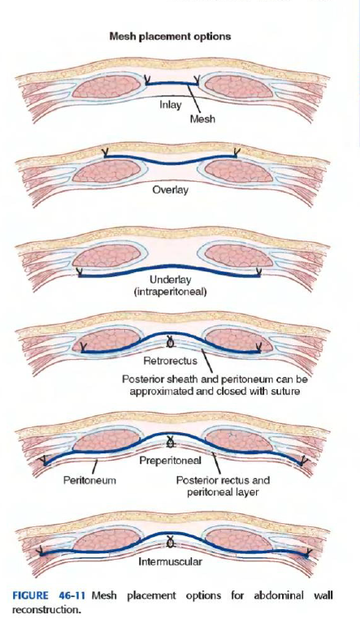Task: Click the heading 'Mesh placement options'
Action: (x=170, y=37)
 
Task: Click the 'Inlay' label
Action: (x=171, y=105)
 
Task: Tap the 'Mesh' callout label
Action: (x=202, y=119)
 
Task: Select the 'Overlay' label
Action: (x=171, y=190)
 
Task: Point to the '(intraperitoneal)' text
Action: (x=171, y=292)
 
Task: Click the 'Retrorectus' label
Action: (x=170, y=361)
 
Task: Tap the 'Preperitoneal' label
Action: (x=170, y=460)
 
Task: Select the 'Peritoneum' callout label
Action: (x=90, y=480)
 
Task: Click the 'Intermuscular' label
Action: (x=170, y=561)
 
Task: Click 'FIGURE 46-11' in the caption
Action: (x=50, y=595)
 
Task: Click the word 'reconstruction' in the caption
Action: (x=46, y=609)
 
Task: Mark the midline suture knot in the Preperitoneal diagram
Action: (x=171, y=441)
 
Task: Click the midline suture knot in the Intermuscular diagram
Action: (x=171, y=541)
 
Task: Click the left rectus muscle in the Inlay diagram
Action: (x=106, y=87)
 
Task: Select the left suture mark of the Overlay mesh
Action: (x=106, y=153)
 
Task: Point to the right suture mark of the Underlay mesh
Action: (x=258, y=273)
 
